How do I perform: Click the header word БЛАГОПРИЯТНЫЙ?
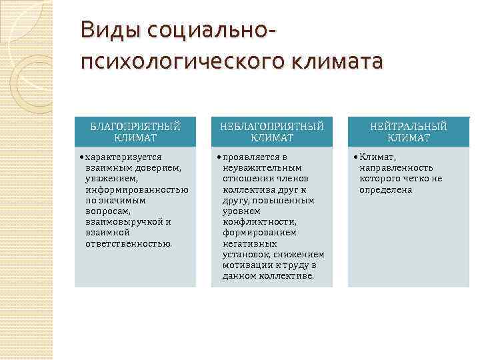(135, 127)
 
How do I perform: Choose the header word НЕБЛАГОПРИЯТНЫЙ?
(273, 127)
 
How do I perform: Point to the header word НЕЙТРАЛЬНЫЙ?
(409, 127)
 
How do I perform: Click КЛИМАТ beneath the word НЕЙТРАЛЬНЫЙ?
(409, 138)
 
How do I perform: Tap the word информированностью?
(137, 189)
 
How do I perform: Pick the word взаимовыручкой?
(124, 222)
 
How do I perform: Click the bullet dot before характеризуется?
(81, 157)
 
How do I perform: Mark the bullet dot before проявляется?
(218, 157)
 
